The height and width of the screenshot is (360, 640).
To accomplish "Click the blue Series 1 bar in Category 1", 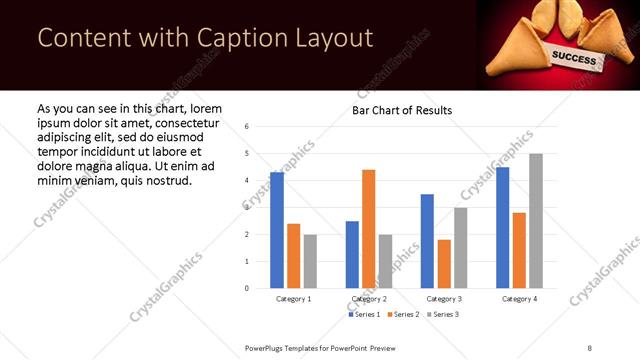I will (x=277, y=230).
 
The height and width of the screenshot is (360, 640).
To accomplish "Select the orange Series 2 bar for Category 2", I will (x=368, y=229).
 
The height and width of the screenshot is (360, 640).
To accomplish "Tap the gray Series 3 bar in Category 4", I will (x=536, y=221).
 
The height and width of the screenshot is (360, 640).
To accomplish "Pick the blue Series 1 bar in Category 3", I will (x=427, y=241).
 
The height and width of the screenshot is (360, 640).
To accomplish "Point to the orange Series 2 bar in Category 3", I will (x=444, y=264).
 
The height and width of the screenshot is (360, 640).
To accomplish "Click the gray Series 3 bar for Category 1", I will (x=310, y=261).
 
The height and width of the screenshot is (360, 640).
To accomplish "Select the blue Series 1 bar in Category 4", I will (x=503, y=228).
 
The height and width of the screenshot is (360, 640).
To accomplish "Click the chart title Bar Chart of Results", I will (x=402, y=110).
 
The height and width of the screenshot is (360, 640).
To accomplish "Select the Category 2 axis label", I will (x=368, y=299).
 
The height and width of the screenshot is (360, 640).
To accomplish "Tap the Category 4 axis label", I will (x=519, y=299).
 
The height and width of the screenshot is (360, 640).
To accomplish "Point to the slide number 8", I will (x=590, y=347).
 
